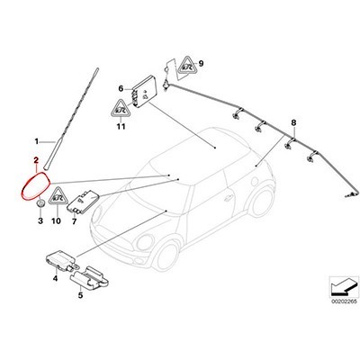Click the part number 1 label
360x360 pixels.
click(x=37, y=141)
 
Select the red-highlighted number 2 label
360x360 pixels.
click(x=34, y=161)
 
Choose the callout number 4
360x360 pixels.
click(x=55, y=278)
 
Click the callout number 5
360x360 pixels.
click(x=80, y=292)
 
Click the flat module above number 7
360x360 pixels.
click(x=91, y=201)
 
